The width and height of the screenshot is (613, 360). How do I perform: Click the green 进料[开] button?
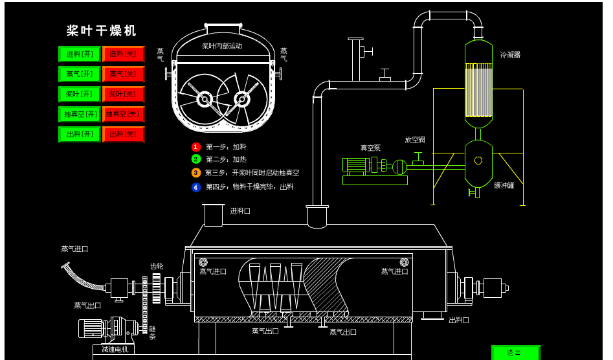click(80, 54)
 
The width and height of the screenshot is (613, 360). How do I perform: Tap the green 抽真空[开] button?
click(80, 115)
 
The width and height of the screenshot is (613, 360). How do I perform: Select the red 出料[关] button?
click(123, 135)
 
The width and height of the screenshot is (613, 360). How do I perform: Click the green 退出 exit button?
click(515, 353)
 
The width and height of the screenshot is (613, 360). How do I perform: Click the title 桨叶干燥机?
click(102, 30)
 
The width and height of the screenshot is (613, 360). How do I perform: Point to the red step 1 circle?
click(196, 147)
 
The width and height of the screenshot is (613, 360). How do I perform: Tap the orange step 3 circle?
click(196, 173)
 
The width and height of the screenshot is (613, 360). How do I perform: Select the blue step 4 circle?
click(196, 187)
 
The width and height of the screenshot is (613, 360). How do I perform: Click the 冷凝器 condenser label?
click(510, 55)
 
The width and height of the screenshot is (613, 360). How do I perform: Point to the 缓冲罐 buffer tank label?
click(504, 185)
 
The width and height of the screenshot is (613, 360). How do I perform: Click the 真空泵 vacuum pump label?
click(370, 148)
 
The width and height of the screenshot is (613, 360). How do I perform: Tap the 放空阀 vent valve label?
click(415, 140)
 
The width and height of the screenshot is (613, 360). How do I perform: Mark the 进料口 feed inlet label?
click(240, 211)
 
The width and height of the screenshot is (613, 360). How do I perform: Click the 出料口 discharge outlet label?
click(459, 320)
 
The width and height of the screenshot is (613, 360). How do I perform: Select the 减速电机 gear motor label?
click(113, 350)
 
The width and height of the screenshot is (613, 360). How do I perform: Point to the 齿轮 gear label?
click(157, 266)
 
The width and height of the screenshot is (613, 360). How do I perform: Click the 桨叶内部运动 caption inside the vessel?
click(222, 46)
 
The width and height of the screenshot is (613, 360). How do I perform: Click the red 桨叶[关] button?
click(123, 95)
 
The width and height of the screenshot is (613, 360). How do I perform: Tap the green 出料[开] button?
click(80, 135)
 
